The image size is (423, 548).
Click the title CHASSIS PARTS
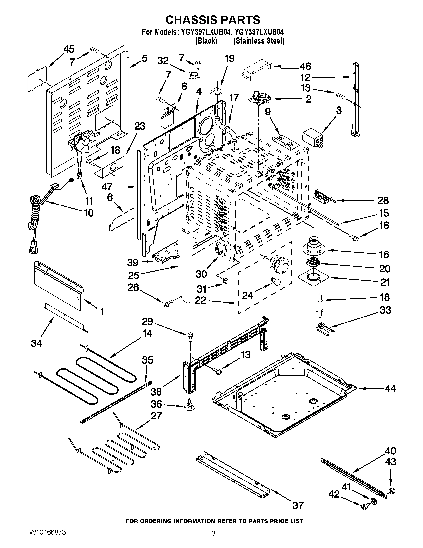point(212,20)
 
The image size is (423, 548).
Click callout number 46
point(305,67)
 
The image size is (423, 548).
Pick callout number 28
point(383,200)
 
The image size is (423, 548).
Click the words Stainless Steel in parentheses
point(259,41)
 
